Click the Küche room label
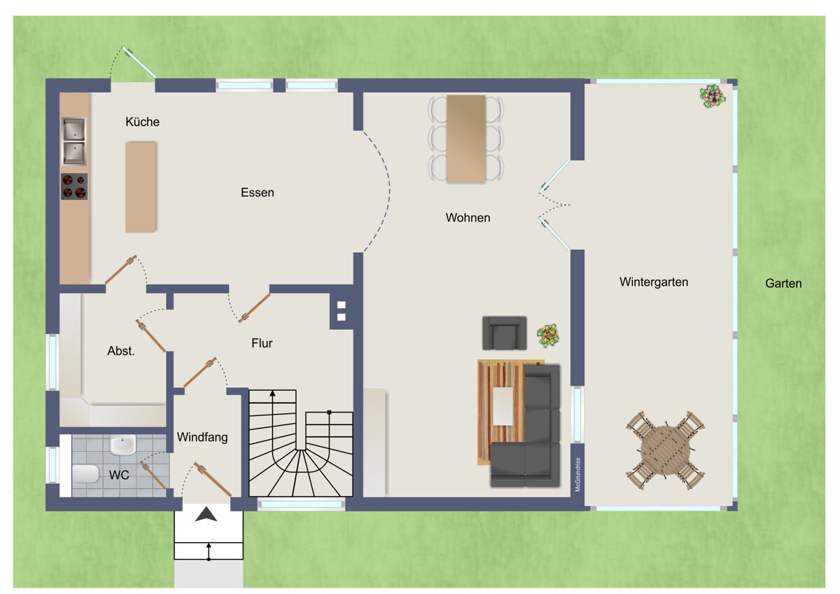(143, 122)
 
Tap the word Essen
(258, 193)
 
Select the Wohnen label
(468, 218)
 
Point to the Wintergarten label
(654, 282)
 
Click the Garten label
(783, 283)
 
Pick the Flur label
(262, 343)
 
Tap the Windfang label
(202, 437)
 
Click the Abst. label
(120, 351)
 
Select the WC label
(119, 475)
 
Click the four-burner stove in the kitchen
(74, 186)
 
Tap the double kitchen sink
(74, 141)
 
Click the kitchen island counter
(140, 187)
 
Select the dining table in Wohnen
(466, 139)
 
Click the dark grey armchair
(505, 333)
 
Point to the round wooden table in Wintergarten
(665, 450)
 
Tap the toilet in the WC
(85, 474)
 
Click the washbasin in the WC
(122, 445)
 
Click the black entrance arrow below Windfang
(206, 514)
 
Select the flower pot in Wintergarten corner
(713, 97)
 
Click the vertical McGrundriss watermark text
(577, 474)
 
